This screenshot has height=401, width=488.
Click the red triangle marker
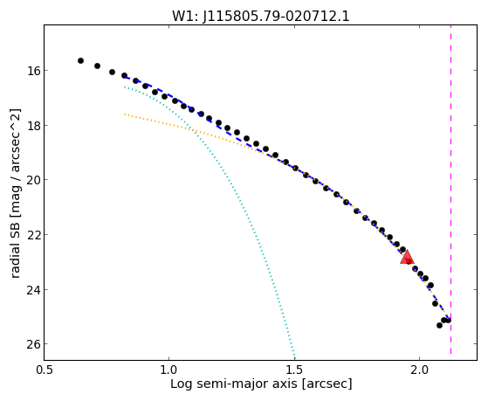pos(407,258)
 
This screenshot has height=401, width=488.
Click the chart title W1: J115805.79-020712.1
pos(261,17)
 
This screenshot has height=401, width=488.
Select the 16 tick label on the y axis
pos(31,71)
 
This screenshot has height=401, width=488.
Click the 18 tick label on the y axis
pos(31,126)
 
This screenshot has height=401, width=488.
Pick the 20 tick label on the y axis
pos(31,180)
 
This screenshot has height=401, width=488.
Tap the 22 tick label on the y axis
pos(31,235)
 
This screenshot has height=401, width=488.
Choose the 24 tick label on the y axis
pos(31,290)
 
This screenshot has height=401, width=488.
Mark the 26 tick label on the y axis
pos(31,344)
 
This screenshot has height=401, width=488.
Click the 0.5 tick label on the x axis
pos(45,370)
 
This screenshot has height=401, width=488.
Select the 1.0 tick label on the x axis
pos(169,370)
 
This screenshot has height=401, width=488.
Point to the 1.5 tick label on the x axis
pos(294,370)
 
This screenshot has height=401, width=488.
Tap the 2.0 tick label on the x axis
pos(420,370)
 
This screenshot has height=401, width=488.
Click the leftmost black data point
pos(80,61)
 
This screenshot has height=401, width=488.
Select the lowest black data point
pos(439,325)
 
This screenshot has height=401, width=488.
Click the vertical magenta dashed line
pos(450,190)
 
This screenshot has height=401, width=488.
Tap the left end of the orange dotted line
pos(125,114)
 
